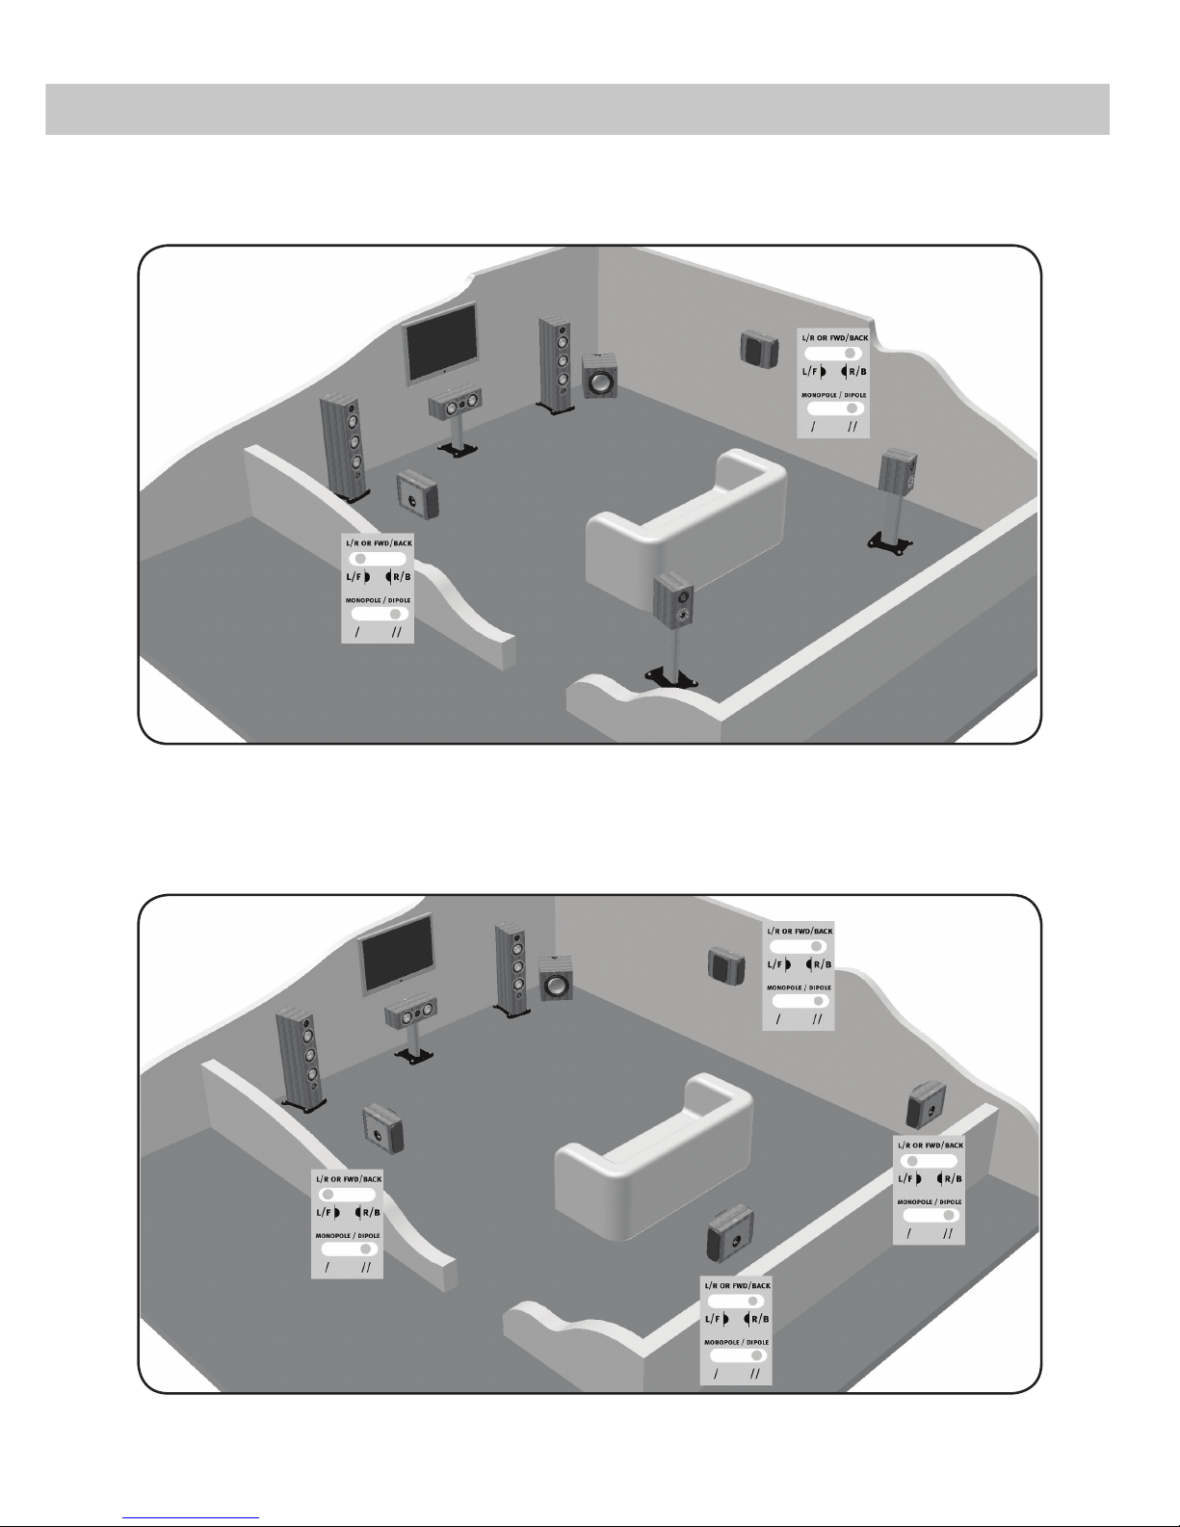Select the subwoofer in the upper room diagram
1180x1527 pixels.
click(600, 376)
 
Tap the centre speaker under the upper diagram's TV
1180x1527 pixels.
click(454, 404)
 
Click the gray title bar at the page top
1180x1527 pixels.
click(578, 109)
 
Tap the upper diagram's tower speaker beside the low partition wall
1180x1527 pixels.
click(343, 443)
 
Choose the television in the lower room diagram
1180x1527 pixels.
click(396, 952)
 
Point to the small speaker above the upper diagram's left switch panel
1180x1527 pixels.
click(417, 490)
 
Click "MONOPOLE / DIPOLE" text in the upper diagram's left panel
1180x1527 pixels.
click(379, 600)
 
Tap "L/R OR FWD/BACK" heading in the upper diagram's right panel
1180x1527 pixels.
click(833, 339)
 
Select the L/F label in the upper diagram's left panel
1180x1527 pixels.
click(354, 577)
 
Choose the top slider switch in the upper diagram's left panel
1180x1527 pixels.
click(378, 558)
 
